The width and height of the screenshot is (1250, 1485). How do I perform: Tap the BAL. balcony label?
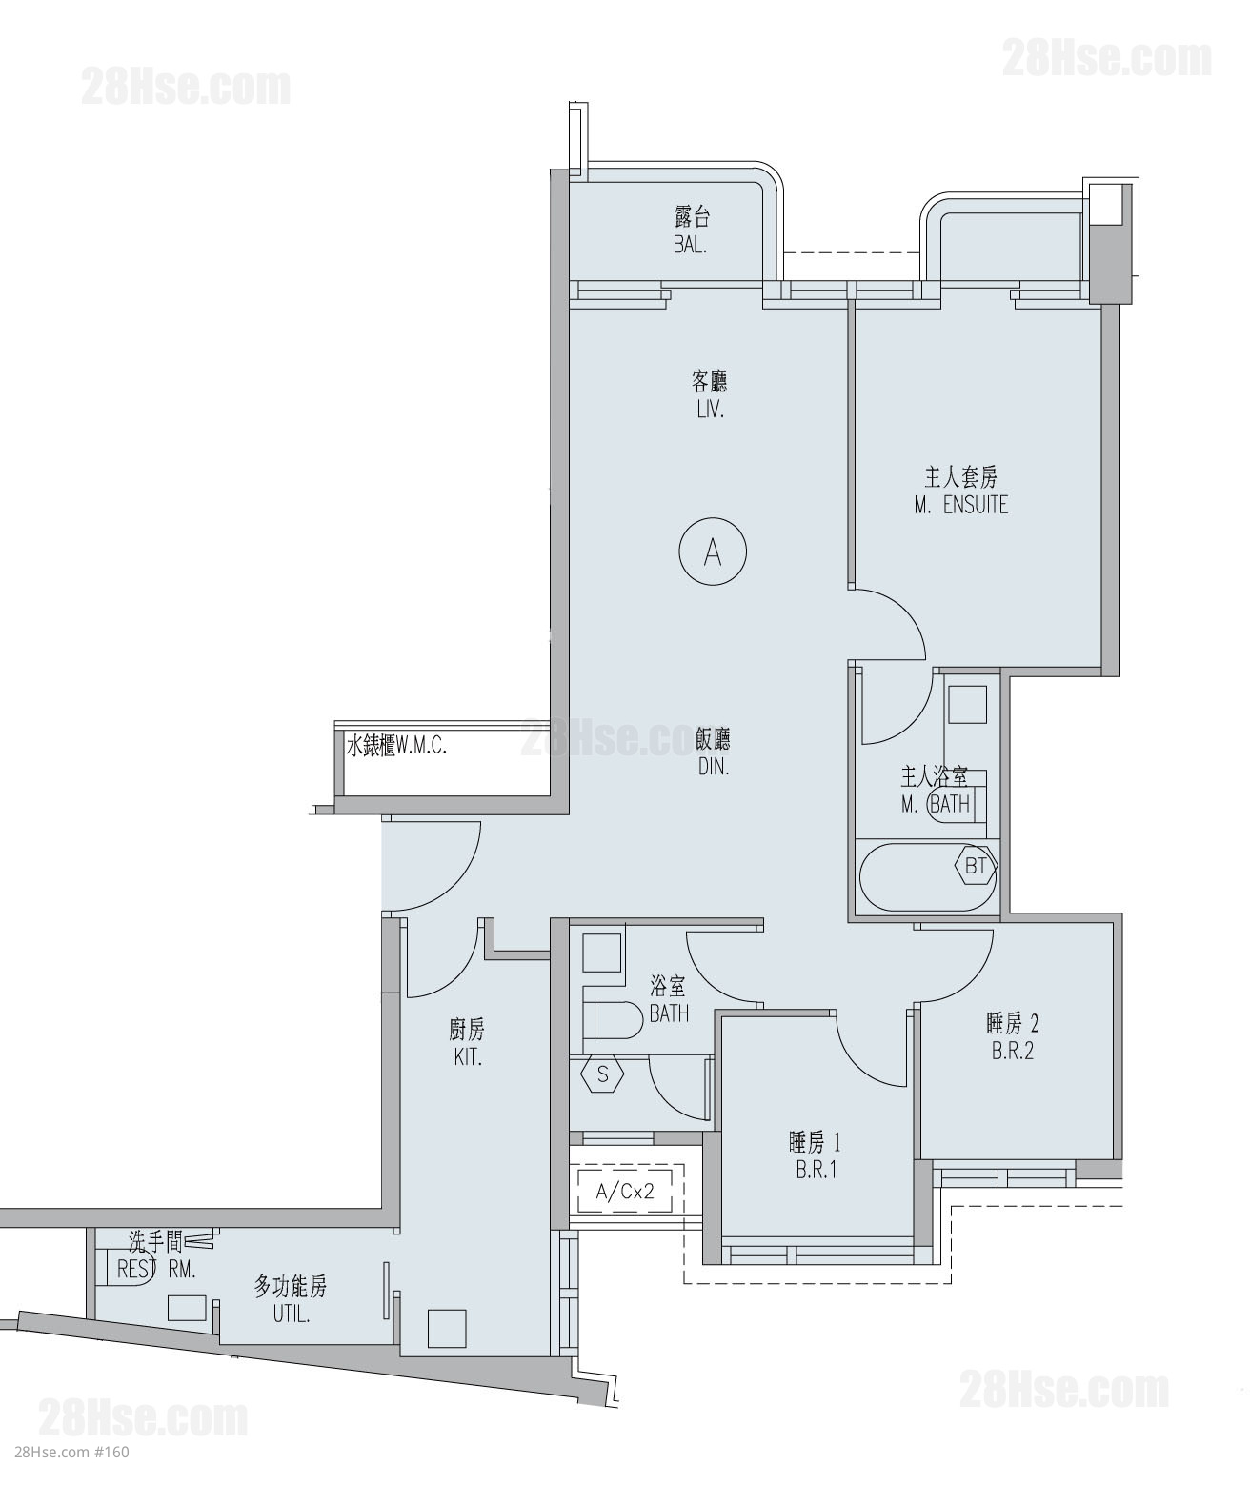(x=690, y=246)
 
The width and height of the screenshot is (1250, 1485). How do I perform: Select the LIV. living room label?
(x=710, y=411)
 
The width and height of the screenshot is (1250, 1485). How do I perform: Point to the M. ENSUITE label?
(x=961, y=505)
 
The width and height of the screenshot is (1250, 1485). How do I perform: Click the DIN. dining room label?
(x=713, y=768)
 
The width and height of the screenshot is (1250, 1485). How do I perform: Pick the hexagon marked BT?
(x=975, y=866)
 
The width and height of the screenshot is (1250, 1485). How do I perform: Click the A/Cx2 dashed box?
(x=625, y=1192)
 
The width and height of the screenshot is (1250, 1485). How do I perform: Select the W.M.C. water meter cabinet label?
(x=421, y=746)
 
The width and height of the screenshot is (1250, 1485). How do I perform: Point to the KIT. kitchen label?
(x=468, y=1057)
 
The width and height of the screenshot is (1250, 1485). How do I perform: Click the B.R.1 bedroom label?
(x=816, y=1170)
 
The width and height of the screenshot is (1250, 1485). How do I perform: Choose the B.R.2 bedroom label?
(x=1013, y=1052)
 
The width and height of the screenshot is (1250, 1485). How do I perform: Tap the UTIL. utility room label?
(x=291, y=1314)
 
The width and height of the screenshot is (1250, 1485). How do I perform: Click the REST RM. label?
(x=156, y=1270)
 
